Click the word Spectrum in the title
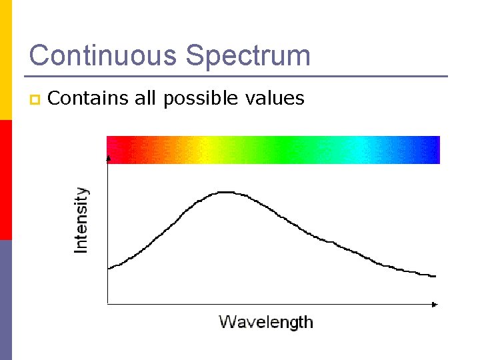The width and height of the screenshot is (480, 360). [x=249, y=57]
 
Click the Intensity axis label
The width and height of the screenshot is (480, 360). [x=81, y=219]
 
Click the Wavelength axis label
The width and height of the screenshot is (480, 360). [x=266, y=322]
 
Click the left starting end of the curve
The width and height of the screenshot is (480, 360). [x=109, y=268]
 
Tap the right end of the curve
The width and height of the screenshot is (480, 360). [x=435, y=275]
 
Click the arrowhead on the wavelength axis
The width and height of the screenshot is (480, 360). [x=435, y=305]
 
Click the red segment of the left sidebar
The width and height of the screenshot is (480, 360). [x=5, y=180]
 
